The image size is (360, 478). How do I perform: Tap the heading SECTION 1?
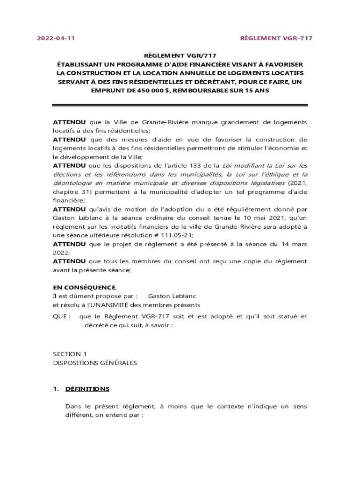(70, 354)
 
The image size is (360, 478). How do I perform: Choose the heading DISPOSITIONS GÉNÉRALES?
(95, 363)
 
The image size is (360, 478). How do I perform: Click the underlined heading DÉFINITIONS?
(87, 389)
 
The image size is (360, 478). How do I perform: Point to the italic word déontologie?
(73, 183)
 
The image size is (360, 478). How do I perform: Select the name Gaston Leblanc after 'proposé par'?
(172, 296)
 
